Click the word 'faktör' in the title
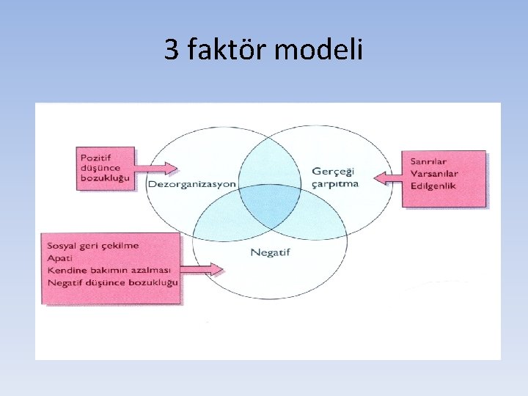[x=227, y=50]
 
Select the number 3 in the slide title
[x=171, y=50]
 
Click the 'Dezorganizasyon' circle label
[x=192, y=183]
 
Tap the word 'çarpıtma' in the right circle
[x=336, y=183]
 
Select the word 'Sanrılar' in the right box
[x=430, y=161]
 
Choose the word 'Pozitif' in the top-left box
[x=97, y=157]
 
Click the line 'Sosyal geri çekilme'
[x=93, y=245]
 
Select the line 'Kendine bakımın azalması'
[x=108, y=270]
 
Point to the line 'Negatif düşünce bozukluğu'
[x=112, y=282]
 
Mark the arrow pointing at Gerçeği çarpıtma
[x=386, y=177]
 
